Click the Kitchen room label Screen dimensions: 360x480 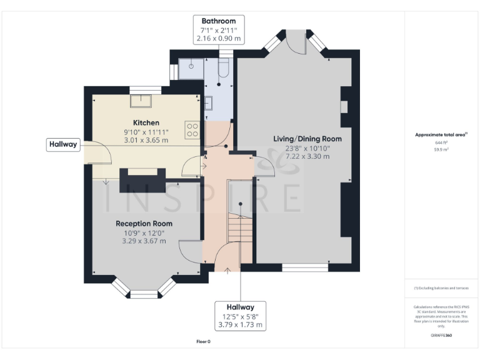[146, 122]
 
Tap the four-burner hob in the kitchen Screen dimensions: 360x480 [192, 130]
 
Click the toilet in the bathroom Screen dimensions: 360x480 [224, 69]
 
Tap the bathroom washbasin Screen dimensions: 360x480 [209, 102]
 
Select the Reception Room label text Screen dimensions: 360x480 [144, 223]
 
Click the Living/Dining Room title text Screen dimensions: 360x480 [307, 138]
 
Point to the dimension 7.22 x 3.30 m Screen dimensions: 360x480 [307, 157]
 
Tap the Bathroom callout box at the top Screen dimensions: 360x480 [218, 29]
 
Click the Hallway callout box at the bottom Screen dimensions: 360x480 [241, 316]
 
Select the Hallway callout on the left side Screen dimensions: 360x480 [63, 144]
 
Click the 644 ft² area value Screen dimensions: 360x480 [442, 142]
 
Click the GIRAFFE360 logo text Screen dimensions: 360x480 [441, 336]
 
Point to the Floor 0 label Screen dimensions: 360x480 [204, 341]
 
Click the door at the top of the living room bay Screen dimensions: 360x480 [297, 42]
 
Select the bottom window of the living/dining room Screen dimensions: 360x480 [305, 267]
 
